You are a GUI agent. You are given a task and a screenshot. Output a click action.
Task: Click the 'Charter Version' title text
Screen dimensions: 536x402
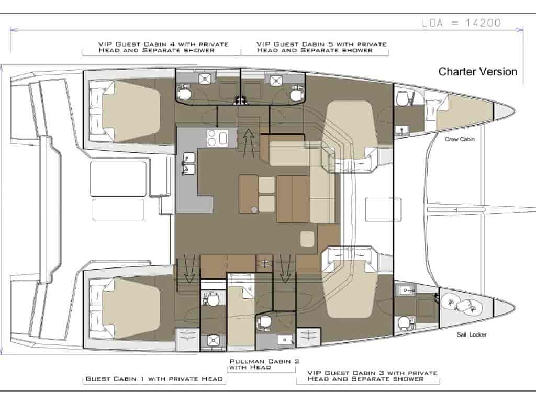(477, 72)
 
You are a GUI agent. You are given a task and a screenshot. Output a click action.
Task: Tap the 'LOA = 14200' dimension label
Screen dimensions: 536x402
(462, 23)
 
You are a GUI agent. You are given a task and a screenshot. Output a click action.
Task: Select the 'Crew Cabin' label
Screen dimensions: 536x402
(460, 139)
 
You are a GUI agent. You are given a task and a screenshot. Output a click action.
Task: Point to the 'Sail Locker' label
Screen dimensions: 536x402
(472, 334)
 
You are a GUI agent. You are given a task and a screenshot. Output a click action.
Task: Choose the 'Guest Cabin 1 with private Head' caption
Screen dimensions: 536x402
(154, 379)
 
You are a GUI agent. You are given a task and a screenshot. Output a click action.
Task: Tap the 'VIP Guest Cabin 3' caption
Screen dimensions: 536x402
(373, 376)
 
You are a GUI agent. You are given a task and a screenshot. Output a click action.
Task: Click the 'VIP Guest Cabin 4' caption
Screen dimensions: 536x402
(163, 47)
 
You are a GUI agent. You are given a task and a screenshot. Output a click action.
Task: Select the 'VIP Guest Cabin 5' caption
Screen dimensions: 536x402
(322, 47)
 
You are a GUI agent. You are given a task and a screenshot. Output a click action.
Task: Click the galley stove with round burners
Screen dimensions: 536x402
(217, 138)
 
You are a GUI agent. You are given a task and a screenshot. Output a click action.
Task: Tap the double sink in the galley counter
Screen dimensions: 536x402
(188, 164)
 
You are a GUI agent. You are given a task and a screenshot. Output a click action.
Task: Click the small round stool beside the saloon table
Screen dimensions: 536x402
(254, 209)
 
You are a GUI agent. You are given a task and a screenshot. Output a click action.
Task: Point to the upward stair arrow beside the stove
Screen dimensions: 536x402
(249, 143)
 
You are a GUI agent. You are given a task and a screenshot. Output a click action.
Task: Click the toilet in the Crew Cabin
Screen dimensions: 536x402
(403, 98)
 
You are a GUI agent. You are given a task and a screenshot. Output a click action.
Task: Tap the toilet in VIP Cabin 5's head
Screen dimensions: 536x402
(296, 95)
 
